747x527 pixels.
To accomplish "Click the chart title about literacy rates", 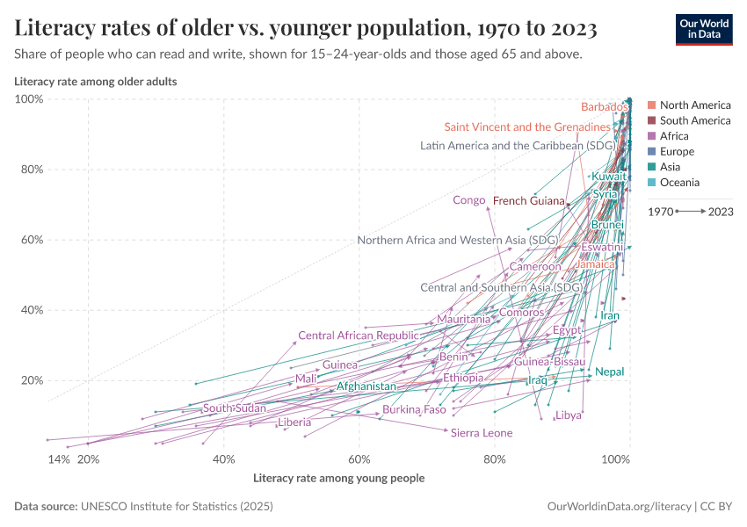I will [306, 28].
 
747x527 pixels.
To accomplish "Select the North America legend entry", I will [694, 105].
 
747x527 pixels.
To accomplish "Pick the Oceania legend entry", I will [679, 183].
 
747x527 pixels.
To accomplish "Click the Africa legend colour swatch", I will [651, 136].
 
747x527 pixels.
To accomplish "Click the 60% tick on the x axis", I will [359, 459].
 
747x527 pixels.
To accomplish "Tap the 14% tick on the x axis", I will [58, 459].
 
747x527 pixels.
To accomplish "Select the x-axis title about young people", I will [338, 479].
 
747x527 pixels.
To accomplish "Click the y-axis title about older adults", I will [96, 82].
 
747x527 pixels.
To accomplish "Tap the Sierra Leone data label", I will [481, 433].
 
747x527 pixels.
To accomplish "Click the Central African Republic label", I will [358, 336].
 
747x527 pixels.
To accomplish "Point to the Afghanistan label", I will [366, 386].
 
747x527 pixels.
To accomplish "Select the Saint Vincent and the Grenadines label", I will [526, 127].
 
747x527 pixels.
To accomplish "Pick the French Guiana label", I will [528, 201].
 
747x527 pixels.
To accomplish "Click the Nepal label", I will [609, 372].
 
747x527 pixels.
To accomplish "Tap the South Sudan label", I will [234, 408].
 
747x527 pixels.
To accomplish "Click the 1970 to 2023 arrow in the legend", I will [690, 212].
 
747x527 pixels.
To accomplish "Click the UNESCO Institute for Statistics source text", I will [177, 507].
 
